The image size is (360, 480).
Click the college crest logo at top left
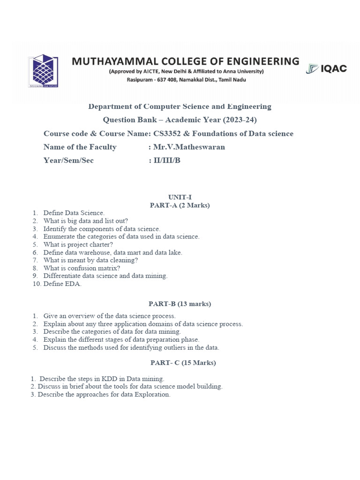43,71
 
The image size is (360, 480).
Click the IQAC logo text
333,69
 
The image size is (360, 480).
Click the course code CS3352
172,134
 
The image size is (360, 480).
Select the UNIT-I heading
180,197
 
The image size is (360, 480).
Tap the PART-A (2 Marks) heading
180,205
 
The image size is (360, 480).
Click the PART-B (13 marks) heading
180,304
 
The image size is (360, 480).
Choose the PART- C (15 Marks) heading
183,363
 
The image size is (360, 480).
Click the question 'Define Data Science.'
74,213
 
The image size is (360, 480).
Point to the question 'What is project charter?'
78,244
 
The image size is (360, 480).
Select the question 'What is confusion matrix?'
82,268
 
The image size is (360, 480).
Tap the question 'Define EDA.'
62,284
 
